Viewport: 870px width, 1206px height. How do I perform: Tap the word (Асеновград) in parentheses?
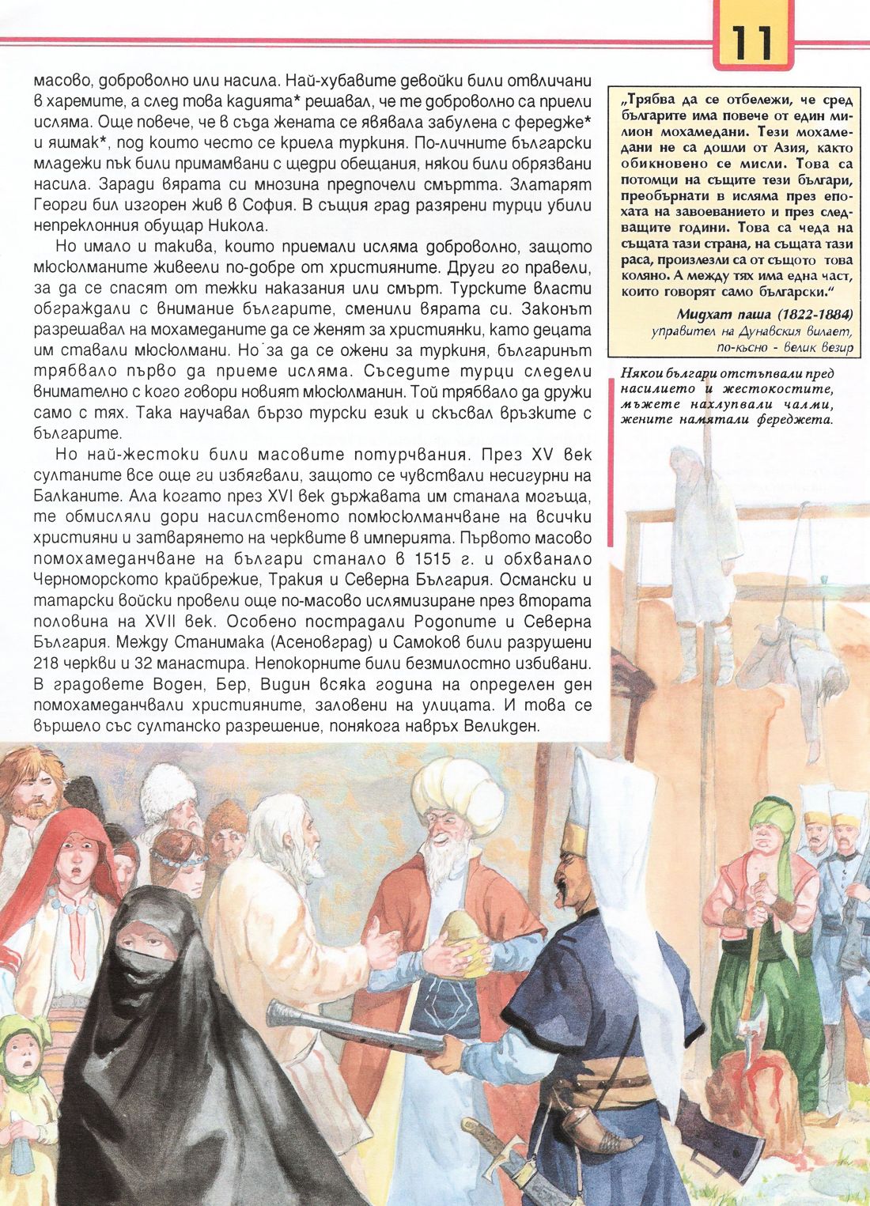pos(309,641)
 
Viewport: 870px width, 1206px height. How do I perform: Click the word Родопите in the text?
pos(393,619)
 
